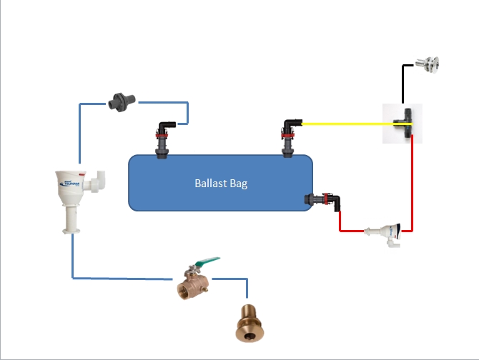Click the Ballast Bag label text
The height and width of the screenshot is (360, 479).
pyautogui.click(x=221, y=184)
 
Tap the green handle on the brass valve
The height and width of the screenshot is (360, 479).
pyautogui.click(x=207, y=263)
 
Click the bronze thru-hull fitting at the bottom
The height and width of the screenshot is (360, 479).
pyautogui.click(x=247, y=322)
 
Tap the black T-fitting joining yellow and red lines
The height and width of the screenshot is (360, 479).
pyautogui.click(x=405, y=124)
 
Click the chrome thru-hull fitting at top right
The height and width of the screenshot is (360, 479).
pyautogui.click(x=429, y=65)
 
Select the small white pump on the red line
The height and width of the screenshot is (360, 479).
pyautogui.click(x=385, y=231)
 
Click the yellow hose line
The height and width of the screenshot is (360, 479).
pyautogui.click(x=343, y=124)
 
